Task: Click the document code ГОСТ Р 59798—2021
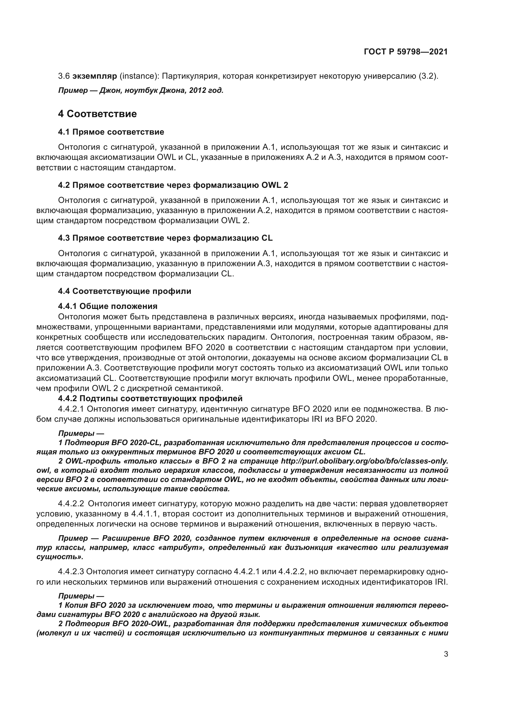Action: click(406, 52)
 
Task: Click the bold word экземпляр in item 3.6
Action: click(95, 76)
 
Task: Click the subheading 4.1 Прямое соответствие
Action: click(111, 132)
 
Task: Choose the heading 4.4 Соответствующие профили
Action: click(124, 291)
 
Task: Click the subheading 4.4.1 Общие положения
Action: click(107, 306)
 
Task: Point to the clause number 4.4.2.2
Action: click(71, 504)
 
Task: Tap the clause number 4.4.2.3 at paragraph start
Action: click(71, 572)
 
